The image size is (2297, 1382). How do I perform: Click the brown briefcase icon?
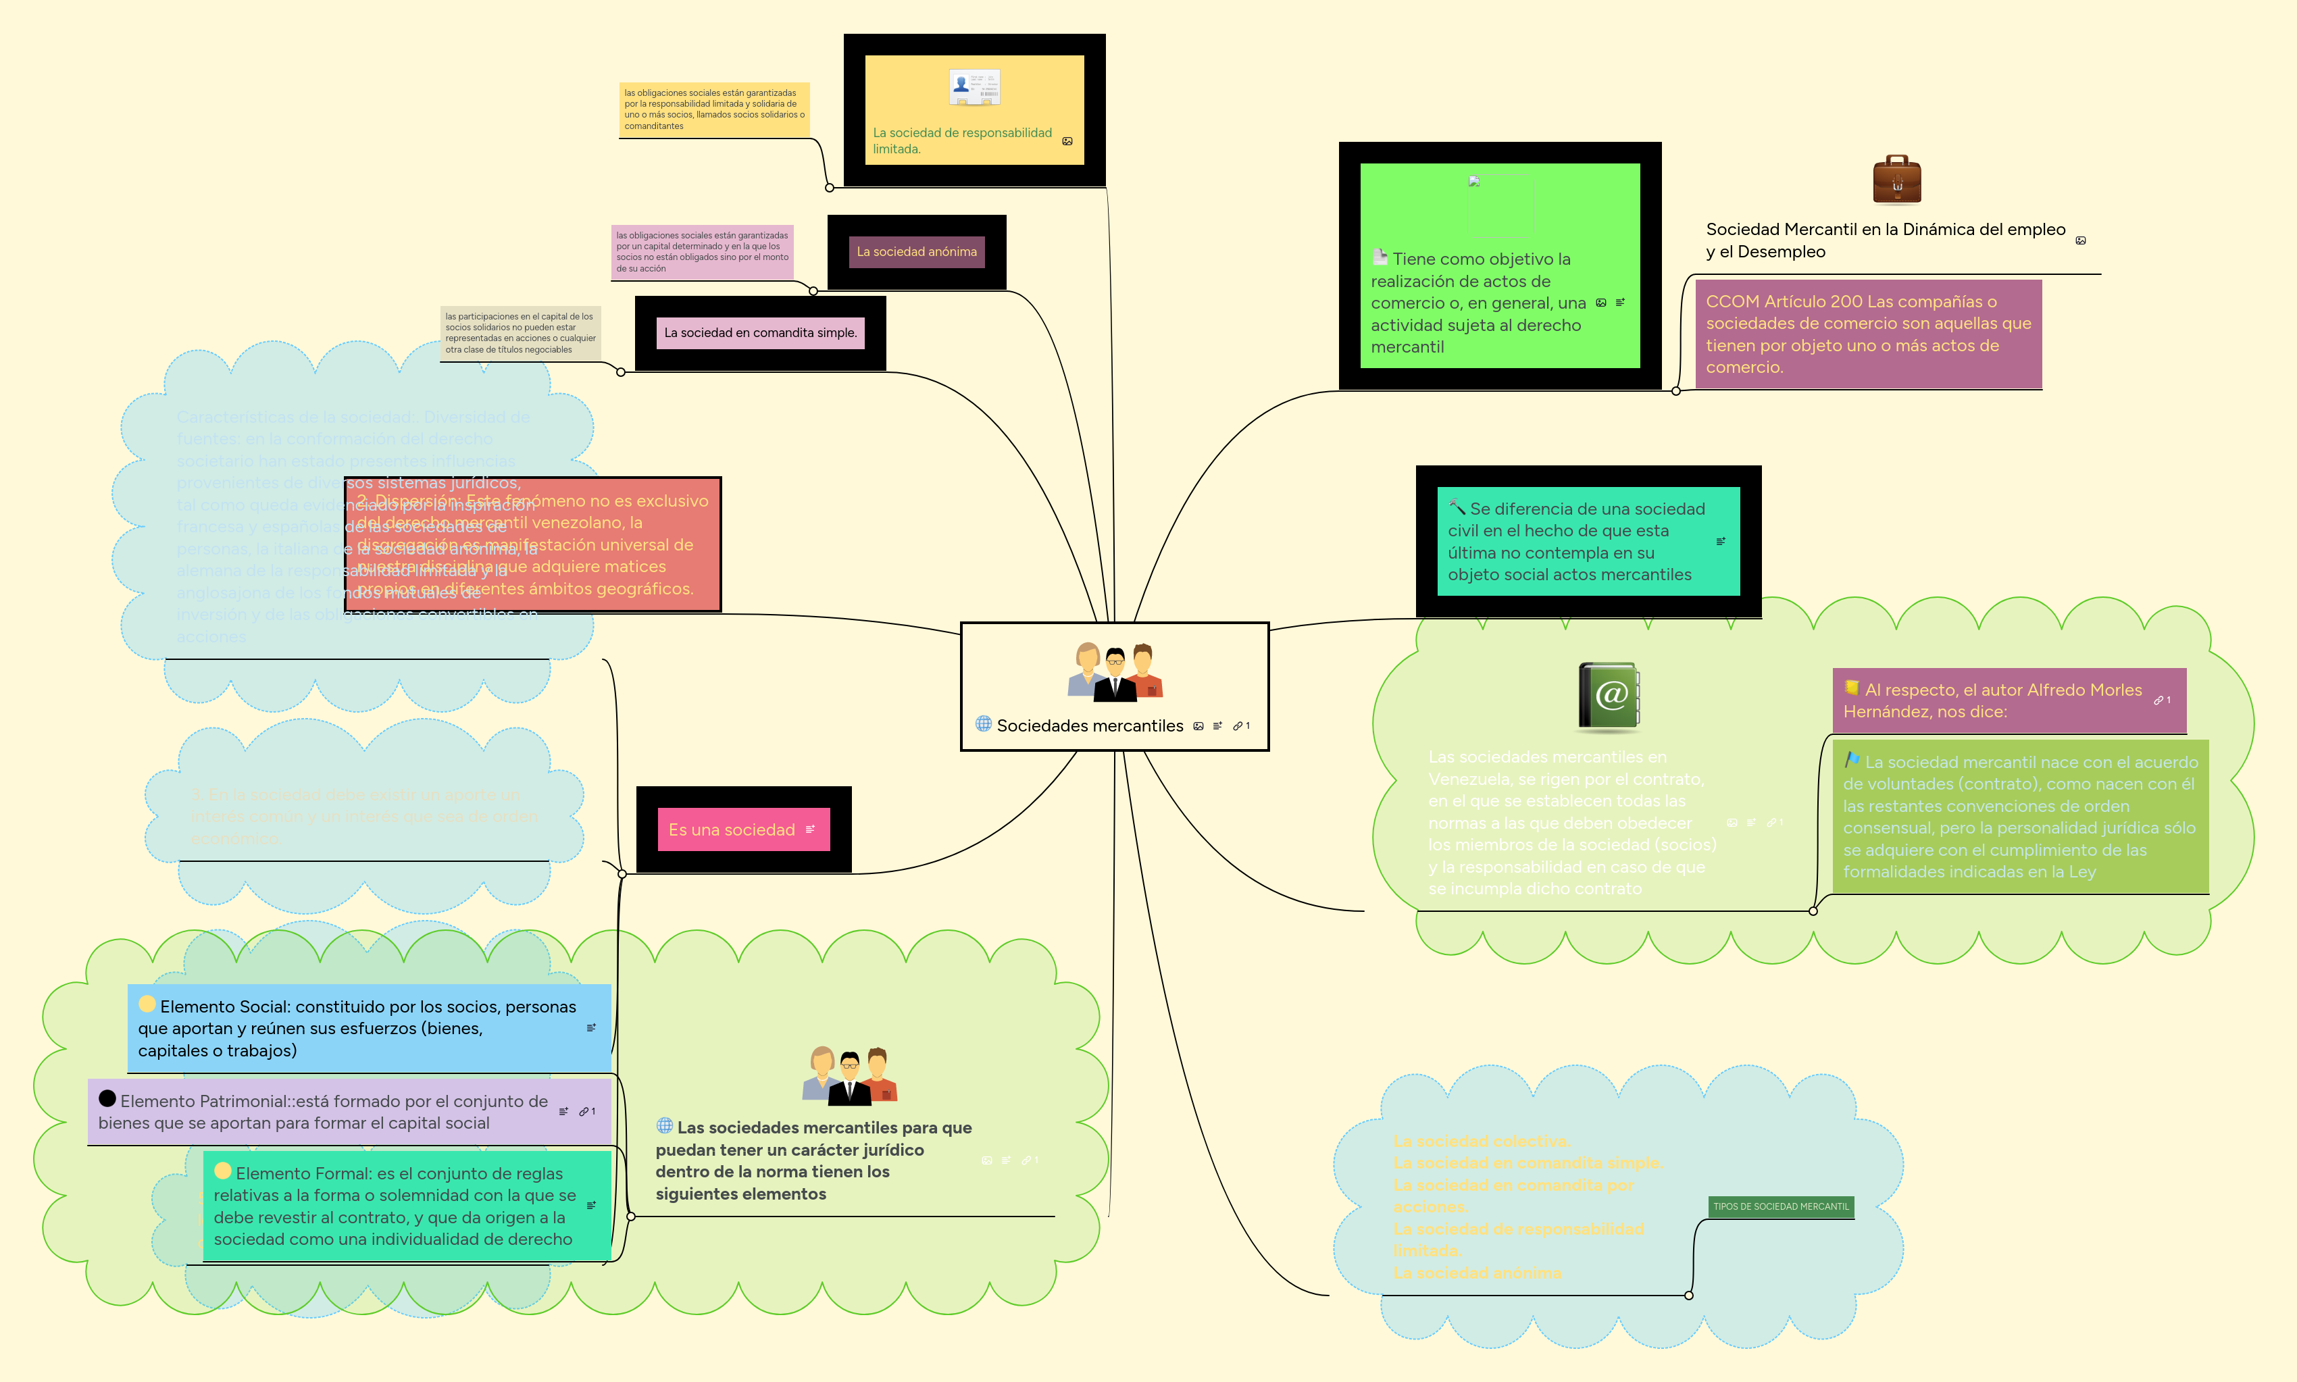[1896, 180]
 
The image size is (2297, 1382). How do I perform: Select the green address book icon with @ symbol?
[1609, 696]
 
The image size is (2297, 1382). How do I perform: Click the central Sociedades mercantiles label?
[1089, 725]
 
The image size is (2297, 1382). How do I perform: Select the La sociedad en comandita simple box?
[759, 332]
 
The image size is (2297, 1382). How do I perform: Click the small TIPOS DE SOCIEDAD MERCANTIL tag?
[1780, 1206]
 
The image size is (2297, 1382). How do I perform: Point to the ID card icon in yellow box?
[974, 88]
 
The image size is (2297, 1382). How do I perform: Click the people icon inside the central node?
[1114, 671]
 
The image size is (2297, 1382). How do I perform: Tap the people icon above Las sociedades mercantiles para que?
[849, 1075]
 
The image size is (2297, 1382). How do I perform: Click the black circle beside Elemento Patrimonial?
[107, 1099]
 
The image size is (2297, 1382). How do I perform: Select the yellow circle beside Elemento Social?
[147, 1004]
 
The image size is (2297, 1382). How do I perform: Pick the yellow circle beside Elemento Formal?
[223, 1171]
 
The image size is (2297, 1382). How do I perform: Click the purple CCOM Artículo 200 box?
[1867, 334]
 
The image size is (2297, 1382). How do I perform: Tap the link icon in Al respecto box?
[2159, 700]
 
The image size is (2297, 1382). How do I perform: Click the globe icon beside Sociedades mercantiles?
[983, 723]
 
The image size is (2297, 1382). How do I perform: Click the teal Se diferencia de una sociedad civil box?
[1587, 541]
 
